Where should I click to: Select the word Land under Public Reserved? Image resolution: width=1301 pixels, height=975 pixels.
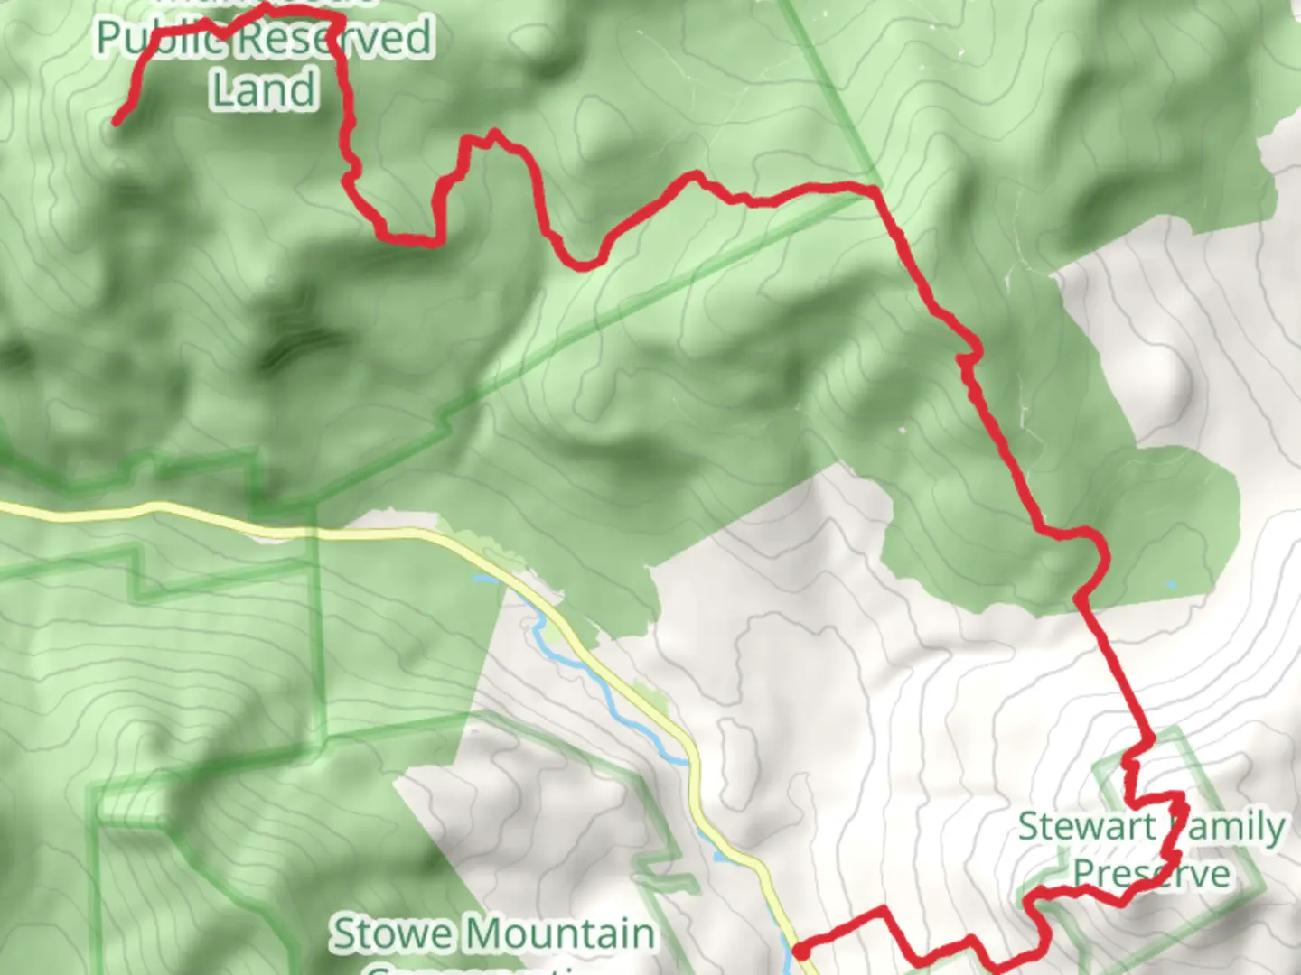click(264, 89)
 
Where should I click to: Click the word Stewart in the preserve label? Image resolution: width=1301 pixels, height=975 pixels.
click(1087, 827)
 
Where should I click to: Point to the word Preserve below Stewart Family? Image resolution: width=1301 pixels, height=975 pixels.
click(1151, 874)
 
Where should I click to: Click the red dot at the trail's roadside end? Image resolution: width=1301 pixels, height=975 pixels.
click(800, 951)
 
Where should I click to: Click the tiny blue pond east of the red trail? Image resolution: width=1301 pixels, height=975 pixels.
click(1171, 586)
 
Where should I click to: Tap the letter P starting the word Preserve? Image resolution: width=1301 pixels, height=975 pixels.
click(1085, 874)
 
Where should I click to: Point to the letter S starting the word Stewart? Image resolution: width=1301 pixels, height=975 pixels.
click(1030, 827)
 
